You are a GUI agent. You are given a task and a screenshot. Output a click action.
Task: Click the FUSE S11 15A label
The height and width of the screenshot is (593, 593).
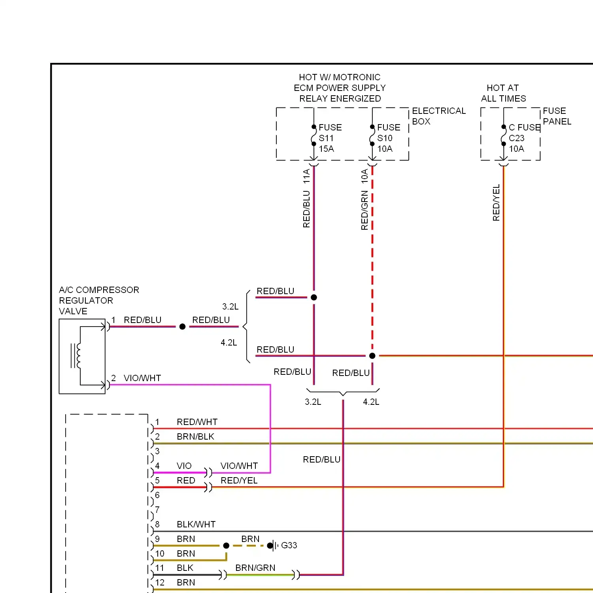coord(330,138)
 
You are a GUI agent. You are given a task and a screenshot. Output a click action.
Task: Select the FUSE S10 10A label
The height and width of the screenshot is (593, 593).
coord(389,138)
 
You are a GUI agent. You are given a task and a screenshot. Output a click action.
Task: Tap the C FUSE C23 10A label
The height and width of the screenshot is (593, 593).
coord(525,138)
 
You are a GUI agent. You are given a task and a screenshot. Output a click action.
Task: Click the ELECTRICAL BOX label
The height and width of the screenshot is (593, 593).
coord(439,116)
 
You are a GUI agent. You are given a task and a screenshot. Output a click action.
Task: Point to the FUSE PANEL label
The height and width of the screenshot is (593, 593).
coord(557,116)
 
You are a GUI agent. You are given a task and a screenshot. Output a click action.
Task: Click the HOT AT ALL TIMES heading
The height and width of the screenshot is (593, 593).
coord(503,93)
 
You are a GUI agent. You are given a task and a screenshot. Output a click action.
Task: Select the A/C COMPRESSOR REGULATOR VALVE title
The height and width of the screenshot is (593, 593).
coord(99,300)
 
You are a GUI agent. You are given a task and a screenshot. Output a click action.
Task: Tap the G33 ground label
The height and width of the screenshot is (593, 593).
coord(289,545)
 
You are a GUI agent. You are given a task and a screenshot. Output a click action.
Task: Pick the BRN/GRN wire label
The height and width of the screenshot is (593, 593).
coord(255,568)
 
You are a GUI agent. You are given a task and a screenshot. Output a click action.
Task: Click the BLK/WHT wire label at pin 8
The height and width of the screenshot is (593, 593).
coord(196,524)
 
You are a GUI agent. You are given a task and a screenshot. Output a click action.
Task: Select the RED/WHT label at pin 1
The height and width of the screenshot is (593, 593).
coord(197,422)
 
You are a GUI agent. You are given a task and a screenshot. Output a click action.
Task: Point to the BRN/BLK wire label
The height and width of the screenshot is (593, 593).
coord(195,436)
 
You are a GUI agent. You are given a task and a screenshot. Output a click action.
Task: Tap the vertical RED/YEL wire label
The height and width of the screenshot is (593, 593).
coord(496,202)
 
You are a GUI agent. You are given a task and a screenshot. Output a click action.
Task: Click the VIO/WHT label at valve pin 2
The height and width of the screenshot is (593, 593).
coord(142,378)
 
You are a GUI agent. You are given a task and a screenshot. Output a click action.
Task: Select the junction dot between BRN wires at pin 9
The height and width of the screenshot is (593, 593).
coord(226,546)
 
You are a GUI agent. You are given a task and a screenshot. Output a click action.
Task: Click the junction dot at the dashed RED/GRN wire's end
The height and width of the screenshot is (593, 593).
coord(372,356)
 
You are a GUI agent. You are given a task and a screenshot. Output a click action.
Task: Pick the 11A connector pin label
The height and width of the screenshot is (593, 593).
coord(306,176)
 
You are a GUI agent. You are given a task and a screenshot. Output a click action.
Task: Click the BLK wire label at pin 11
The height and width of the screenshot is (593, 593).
coord(185,568)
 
